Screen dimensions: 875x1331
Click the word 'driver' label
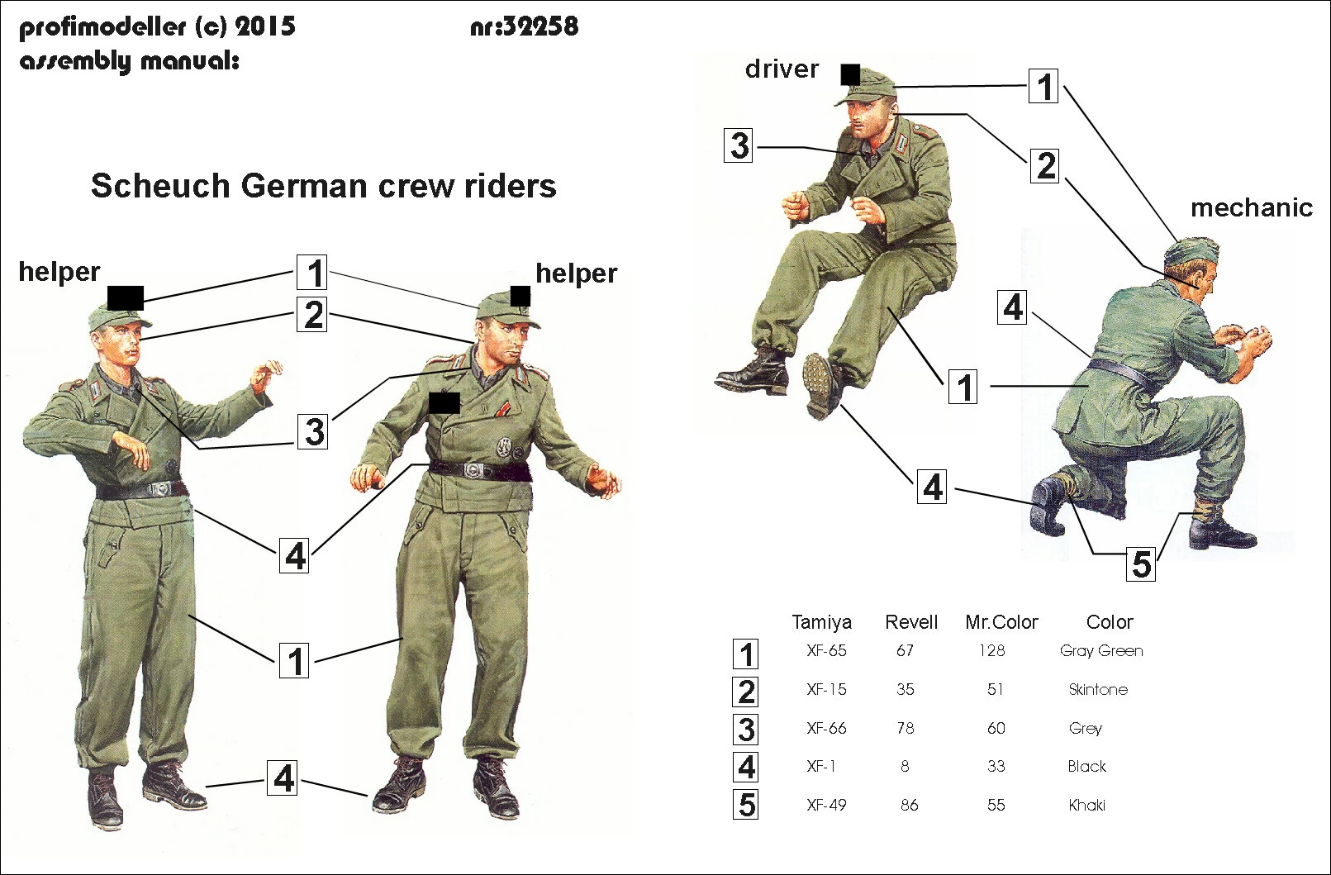click(x=782, y=69)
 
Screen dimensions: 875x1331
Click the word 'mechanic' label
click(x=1251, y=208)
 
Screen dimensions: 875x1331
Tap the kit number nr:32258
click(x=524, y=27)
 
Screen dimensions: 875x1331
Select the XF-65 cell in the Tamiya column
click(x=826, y=651)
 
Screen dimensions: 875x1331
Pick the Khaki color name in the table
click(x=1086, y=806)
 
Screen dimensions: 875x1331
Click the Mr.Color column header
click(x=1001, y=622)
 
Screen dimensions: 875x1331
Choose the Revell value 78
click(x=906, y=728)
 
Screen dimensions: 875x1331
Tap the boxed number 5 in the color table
click(x=746, y=805)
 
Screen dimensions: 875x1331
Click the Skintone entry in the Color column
click(x=1097, y=690)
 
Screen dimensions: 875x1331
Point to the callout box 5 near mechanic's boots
click(x=1141, y=564)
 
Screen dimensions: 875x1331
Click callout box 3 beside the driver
click(x=739, y=145)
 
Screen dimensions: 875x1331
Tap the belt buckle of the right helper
click(x=477, y=470)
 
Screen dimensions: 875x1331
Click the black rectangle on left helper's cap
click(x=126, y=297)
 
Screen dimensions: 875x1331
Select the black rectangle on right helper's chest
click(x=444, y=402)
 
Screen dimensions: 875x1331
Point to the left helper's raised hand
click(x=266, y=376)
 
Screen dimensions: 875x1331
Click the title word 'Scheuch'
click(x=160, y=186)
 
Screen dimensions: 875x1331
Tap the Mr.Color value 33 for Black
click(x=996, y=767)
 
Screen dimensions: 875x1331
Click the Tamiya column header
click(x=821, y=622)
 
